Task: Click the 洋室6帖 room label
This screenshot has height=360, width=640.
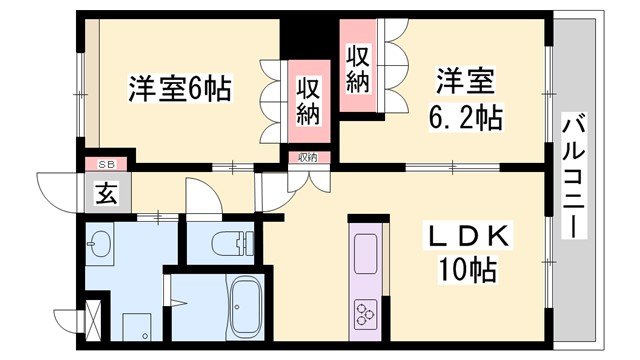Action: tap(179, 89)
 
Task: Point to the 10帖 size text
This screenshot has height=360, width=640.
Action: tap(467, 269)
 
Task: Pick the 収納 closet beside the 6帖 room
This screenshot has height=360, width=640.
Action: tap(308, 101)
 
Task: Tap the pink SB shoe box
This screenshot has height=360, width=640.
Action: tap(105, 163)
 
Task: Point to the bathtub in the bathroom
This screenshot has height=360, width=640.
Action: tap(246, 305)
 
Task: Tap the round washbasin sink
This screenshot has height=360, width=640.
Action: tap(99, 243)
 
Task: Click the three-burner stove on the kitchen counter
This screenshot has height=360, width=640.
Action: tap(364, 313)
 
